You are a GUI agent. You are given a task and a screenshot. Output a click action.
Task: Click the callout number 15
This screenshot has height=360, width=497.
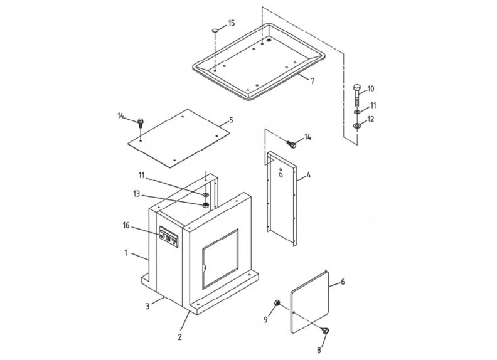(x=231, y=23)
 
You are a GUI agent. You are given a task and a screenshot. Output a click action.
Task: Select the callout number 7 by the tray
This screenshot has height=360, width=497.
(x=312, y=82)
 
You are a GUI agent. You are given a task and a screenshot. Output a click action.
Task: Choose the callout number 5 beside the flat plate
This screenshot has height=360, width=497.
(x=231, y=119)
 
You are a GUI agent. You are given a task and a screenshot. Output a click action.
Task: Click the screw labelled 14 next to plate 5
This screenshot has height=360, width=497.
(x=141, y=122)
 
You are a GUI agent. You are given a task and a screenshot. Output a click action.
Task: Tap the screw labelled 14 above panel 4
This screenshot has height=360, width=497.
(x=291, y=145)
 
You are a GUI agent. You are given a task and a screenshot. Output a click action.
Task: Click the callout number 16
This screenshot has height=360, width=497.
(x=126, y=225)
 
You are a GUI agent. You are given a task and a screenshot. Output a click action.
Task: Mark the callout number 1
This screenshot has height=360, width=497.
(x=126, y=253)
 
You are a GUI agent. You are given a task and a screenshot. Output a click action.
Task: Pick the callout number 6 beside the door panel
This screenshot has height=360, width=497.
(x=343, y=282)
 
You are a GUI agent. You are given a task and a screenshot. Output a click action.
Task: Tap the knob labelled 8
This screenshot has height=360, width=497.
(x=326, y=332)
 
